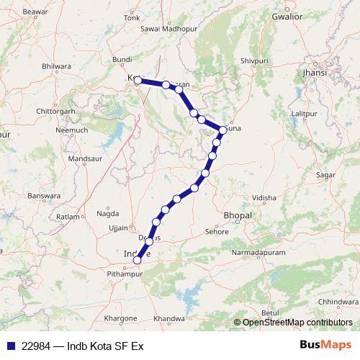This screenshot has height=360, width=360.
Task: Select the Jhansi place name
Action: (315, 73)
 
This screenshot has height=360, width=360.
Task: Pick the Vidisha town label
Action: (264, 197)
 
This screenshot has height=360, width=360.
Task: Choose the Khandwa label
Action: (169, 318)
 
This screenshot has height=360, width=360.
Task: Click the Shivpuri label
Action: (258, 62)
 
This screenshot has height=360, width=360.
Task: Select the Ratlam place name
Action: (68, 216)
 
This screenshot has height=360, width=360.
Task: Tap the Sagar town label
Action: (325, 175)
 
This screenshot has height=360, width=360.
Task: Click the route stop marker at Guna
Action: (223, 130)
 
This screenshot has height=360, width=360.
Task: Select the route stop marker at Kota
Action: (138, 80)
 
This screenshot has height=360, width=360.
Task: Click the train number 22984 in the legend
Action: (37, 346)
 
